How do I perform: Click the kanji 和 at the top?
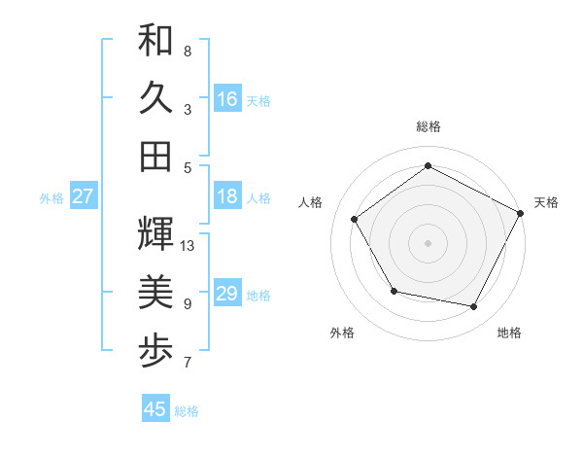pyautogui.click(x=155, y=42)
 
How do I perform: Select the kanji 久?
pyautogui.click(x=155, y=98)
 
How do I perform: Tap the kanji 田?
pyautogui.click(x=155, y=156)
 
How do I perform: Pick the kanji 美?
pyautogui.click(x=155, y=292)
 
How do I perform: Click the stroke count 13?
pyautogui.click(x=189, y=246)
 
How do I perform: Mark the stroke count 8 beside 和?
pyautogui.click(x=187, y=51)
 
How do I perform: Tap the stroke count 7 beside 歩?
pyautogui.click(x=187, y=363)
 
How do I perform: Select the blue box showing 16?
pyautogui.click(x=227, y=98)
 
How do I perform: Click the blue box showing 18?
pyautogui.click(x=227, y=196)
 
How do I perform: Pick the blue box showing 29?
pyautogui.click(x=227, y=294)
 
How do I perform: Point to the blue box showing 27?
pyautogui.click(x=83, y=196)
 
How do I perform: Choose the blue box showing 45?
pyautogui.click(x=155, y=409)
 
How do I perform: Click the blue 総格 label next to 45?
pyautogui.click(x=187, y=411)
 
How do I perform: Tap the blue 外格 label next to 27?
pyautogui.click(x=51, y=198)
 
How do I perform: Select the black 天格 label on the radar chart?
pyautogui.click(x=546, y=202)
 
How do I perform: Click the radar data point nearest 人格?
pyautogui.click(x=355, y=219)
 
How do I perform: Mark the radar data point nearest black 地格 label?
pyautogui.click(x=474, y=307)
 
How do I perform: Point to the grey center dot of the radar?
pyautogui.click(x=429, y=242)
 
